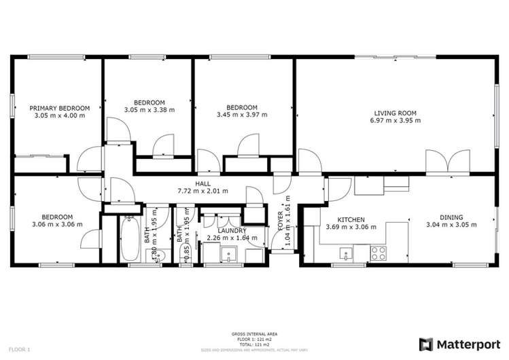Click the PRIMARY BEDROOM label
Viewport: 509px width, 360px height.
coord(60,108)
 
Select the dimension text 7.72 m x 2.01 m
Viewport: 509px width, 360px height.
coord(203,191)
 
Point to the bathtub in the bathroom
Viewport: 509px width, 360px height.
coord(129,239)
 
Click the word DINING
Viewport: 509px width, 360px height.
coord(451,217)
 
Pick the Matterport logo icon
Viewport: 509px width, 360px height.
coord(425,343)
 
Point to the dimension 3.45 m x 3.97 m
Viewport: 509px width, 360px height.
coord(242,115)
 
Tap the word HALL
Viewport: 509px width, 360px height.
coord(203,183)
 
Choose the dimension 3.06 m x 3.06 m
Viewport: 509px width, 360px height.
coord(57,225)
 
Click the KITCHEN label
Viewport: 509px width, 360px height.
coord(352,220)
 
